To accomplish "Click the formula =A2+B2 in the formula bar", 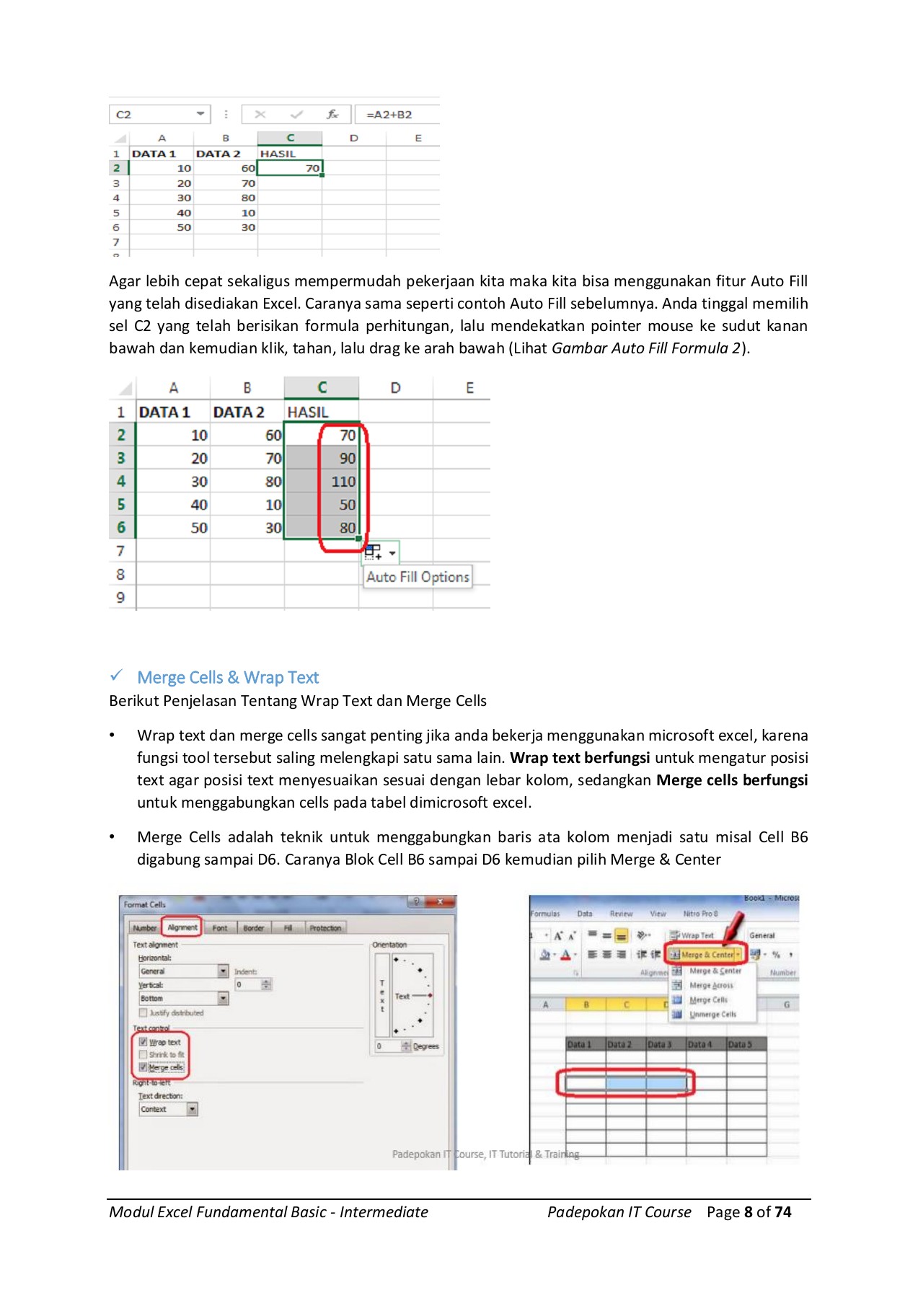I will coord(389,115).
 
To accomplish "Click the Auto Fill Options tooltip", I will coord(418,577).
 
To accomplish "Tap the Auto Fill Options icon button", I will coord(374,552).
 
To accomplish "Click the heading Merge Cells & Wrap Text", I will coord(228,678).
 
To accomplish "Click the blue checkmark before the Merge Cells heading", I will coord(116,676).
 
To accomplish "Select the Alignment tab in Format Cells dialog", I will coord(182,928).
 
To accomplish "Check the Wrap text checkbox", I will coord(143,1042).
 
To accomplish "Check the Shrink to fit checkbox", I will coord(143,1054).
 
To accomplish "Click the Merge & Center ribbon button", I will coord(703,955).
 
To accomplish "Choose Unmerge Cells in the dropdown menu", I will coord(712,1015).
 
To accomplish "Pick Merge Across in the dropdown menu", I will coord(711,986).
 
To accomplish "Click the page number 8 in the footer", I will coord(749,1212).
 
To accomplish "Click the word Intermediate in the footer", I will coord(384,1212).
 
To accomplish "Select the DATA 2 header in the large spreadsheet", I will coord(238,412).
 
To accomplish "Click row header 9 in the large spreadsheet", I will coord(121,598).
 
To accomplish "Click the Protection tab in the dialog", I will coord(325,928).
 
